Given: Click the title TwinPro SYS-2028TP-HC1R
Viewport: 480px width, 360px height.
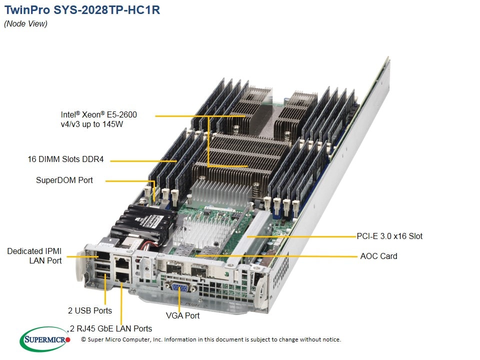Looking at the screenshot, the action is pos(82,10).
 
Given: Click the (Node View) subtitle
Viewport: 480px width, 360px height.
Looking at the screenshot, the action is pos(25,24).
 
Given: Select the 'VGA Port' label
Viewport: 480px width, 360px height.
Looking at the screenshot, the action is pos(183,315).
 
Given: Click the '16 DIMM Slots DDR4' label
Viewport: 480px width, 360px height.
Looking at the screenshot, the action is pos(65,159).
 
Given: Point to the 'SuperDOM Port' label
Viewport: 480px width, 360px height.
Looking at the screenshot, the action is pos(64,180).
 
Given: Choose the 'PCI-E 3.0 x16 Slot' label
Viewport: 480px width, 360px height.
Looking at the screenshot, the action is pos(389,236).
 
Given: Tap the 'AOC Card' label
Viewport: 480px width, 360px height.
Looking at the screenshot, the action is pos(378,256).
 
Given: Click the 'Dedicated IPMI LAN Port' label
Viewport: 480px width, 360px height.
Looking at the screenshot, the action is pos(34,255).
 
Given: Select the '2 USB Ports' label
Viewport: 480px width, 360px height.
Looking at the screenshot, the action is pos(90,310).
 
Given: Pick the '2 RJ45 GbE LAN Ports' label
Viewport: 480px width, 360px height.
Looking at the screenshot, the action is pos(111,328).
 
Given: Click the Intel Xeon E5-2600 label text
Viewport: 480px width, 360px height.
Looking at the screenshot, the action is pos(99,119).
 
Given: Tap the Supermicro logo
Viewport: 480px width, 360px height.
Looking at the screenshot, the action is pos(45,339).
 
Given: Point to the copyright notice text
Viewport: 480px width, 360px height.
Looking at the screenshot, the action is pos(211,339).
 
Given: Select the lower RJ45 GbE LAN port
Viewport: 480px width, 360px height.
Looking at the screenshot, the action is pos(123,276).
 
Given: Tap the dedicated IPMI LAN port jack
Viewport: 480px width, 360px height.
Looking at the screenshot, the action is pos(103,256).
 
